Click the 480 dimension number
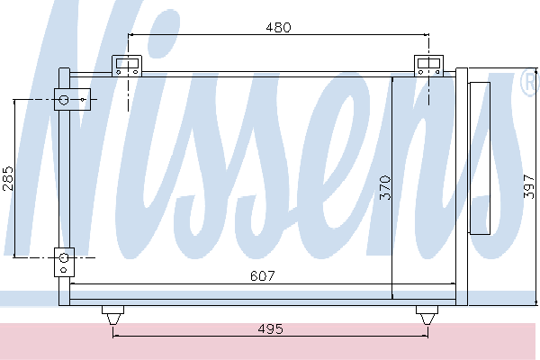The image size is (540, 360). click(x=278, y=27)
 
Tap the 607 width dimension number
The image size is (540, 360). click(x=263, y=276)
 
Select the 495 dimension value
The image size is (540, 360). click(x=270, y=329)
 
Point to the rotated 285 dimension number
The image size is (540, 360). click(x=8, y=178)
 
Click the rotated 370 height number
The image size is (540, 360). click(x=385, y=187)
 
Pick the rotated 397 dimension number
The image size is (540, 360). click(x=529, y=186)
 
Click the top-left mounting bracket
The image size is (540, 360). click(x=127, y=66)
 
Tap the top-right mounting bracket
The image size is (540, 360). click(x=428, y=66)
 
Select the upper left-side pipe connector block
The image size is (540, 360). click(x=72, y=100)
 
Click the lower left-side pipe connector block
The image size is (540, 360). click(x=64, y=262)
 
